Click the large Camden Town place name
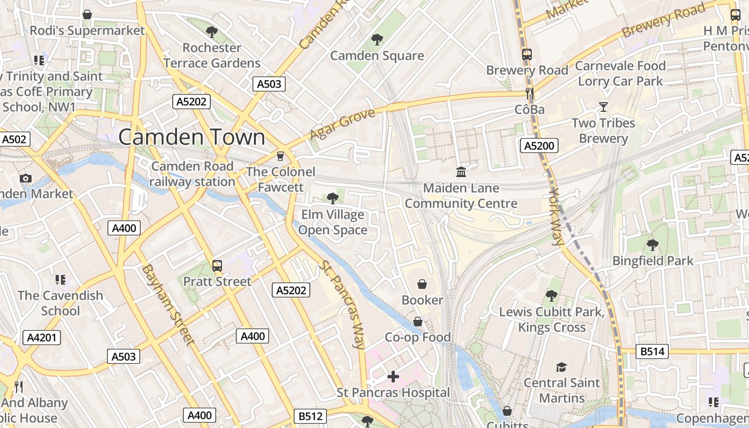pos(192,137)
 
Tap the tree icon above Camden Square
pos(377,39)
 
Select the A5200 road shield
pos(539,146)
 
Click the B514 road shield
pos(652,351)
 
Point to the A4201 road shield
pos(42,338)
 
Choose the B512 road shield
pos(310,416)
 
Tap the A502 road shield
pos(14,140)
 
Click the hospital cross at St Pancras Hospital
pos(393,377)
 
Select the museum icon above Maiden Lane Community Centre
pos(461,172)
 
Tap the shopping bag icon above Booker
pos(422,284)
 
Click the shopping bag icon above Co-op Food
pos(418,321)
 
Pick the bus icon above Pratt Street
pos(217,265)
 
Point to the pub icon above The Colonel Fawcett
pos(279,156)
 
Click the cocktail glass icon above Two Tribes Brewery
pos(603,107)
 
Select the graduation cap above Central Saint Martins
pos(561,367)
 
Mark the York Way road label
pos(556,216)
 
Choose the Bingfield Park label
pos(653,261)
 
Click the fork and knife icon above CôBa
pos(530,94)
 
